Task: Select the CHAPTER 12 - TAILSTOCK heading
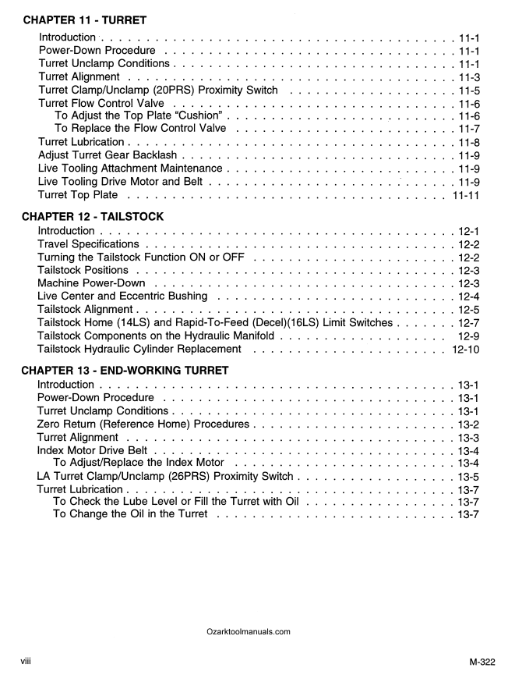pos(92,216)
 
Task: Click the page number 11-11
pos(465,195)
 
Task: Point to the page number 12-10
pos(465,349)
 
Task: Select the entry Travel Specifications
pos(88,244)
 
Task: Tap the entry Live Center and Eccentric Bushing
pos(122,297)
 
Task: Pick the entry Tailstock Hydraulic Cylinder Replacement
pos(139,349)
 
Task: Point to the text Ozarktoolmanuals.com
pos(249,632)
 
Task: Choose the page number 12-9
pos(469,336)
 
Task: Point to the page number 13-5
pos(468,476)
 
